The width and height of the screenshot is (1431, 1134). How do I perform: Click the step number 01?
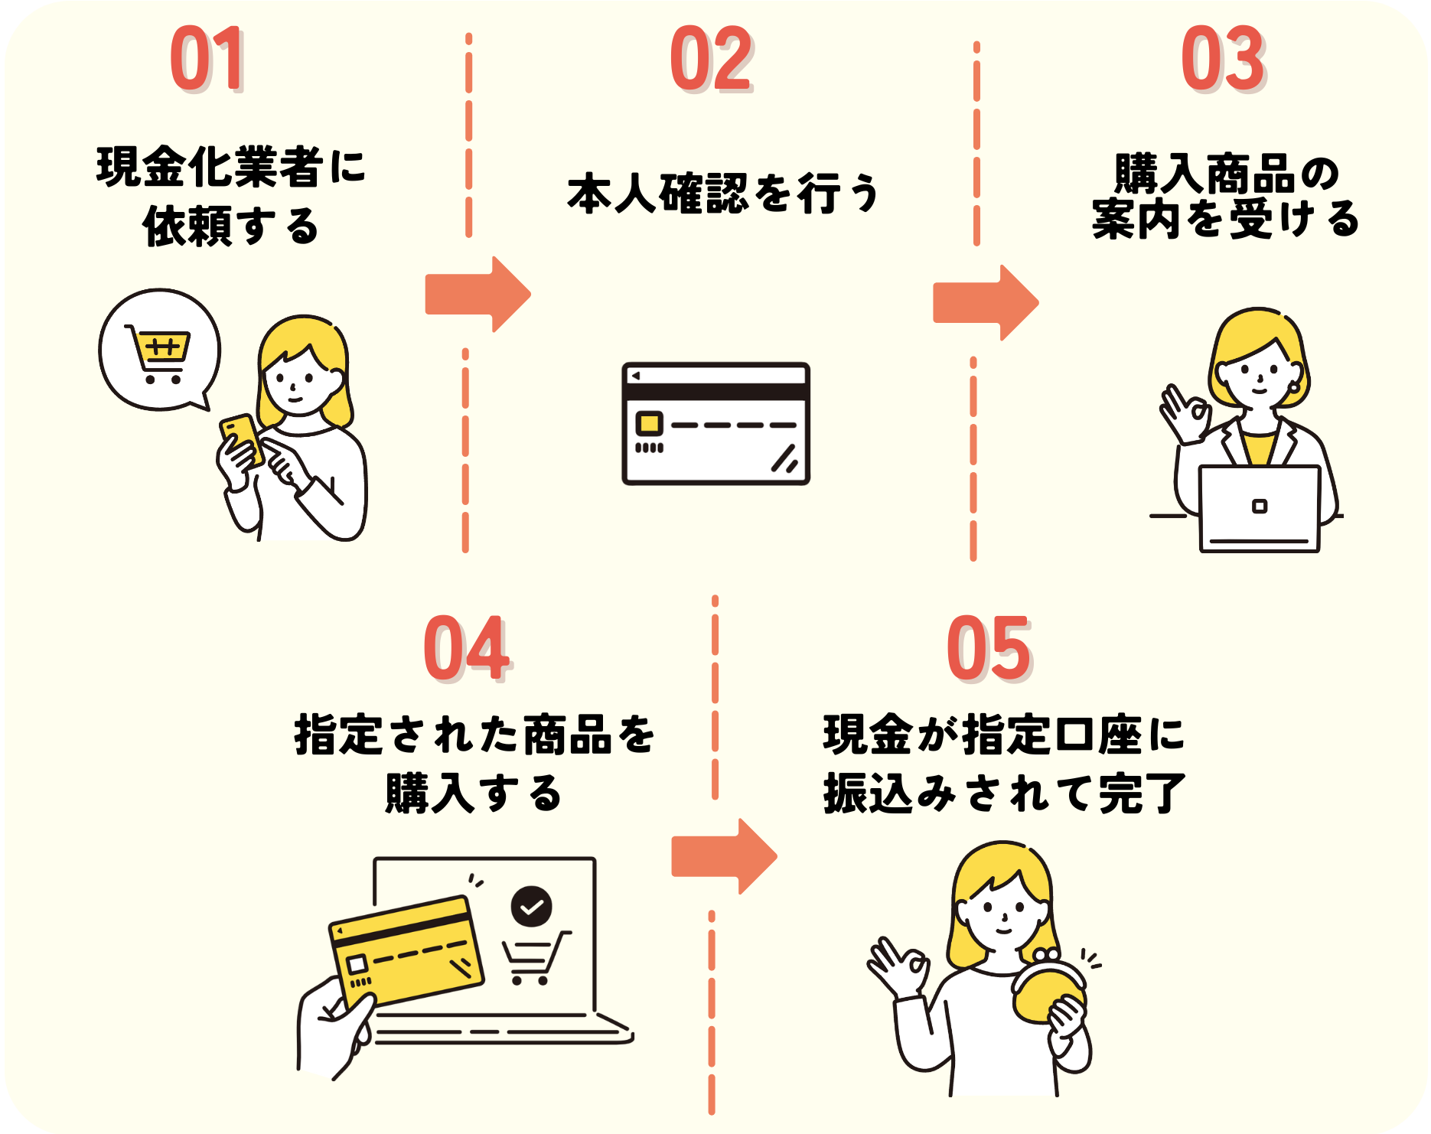coord(206,59)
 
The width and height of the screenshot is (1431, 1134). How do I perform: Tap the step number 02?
coord(711,59)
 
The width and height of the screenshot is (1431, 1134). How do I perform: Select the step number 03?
coord(1222,59)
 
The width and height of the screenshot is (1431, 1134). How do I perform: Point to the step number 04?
coord(466,649)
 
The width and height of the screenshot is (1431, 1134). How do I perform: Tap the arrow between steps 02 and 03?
coord(986,303)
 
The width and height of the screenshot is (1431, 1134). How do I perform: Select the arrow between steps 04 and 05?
coord(724,856)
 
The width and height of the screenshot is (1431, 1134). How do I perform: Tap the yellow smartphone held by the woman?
coord(242,439)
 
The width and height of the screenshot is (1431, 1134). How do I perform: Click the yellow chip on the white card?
coord(649,423)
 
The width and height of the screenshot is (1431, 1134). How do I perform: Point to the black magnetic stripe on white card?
coord(715,392)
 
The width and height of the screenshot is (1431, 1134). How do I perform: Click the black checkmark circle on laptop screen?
coord(531,906)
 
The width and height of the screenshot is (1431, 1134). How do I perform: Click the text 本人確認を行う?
coord(723,194)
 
